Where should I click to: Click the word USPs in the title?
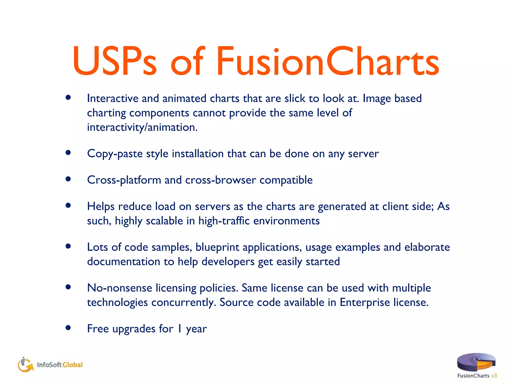pyautogui.click(x=114, y=61)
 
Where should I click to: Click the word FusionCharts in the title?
pyautogui.click(x=327, y=61)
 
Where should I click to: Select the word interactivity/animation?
pyautogui.click(x=142, y=127)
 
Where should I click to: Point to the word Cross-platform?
pyautogui.click(x=124, y=180)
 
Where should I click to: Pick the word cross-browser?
pyautogui.click(x=220, y=180)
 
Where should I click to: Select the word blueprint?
pyautogui.click(x=217, y=247)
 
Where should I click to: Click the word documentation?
pyautogui.click(x=123, y=261)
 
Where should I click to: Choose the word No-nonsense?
pyautogui.click(x=119, y=288)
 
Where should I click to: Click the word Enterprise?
pyautogui.click(x=365, y=302)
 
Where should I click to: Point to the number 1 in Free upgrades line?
pyautogui.click(x=179, y=329)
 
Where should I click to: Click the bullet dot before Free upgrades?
pyautogui.click(x=68, y=327)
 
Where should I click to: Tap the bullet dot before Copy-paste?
pyautogui.click(x=68, y=152)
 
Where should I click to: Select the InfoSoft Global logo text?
pyautogui.click(x=60, y=365)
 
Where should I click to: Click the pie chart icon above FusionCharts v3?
pyautogui.click(x=476, y=362)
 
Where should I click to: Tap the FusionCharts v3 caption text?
pyautogui.click(x=477, y=375)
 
